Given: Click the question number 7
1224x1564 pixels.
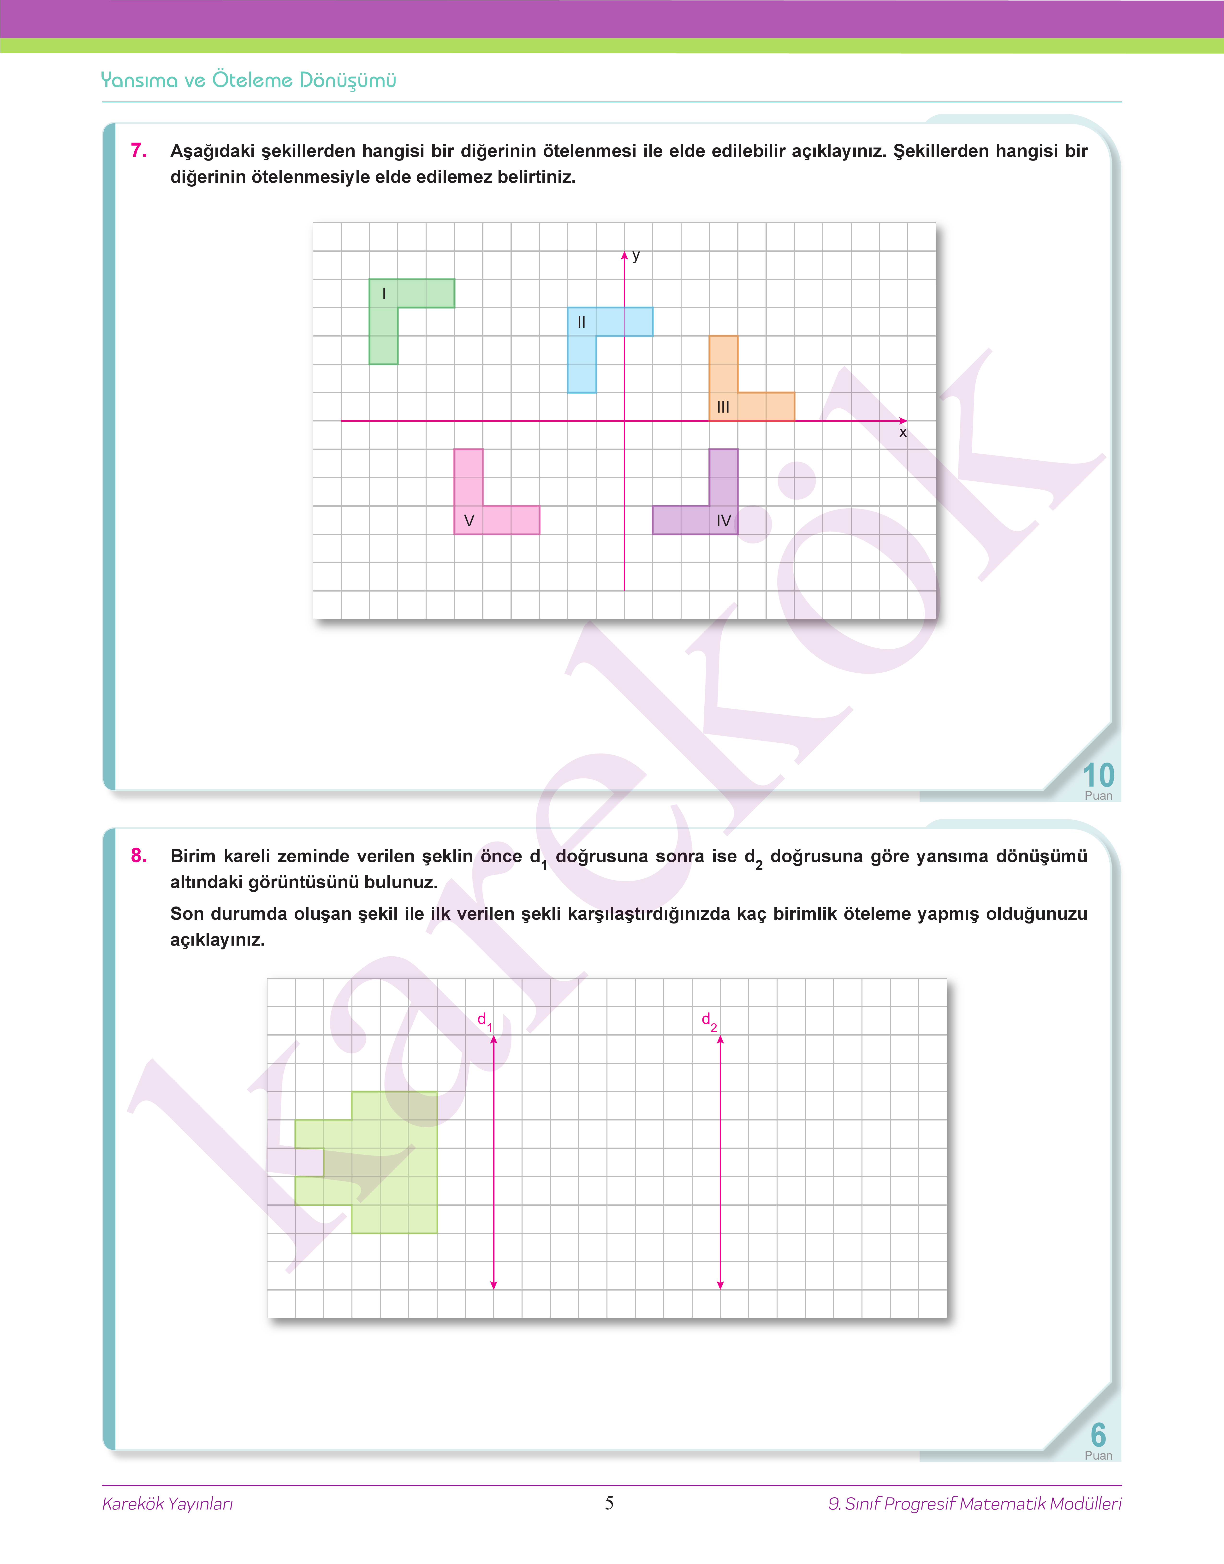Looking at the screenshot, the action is point(139,150).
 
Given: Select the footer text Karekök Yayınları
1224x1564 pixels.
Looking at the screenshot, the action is point(168,1503).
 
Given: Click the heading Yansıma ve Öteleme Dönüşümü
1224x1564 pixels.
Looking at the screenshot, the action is point(249,80).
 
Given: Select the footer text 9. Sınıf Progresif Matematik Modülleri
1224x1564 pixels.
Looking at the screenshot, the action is point(974,1503).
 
